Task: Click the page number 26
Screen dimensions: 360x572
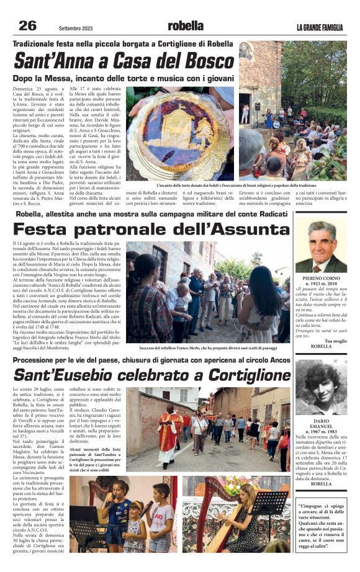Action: tap(27, 25)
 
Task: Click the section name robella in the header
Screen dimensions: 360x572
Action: tap(185, 26)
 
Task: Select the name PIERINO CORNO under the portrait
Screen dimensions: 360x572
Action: tap(320, 279)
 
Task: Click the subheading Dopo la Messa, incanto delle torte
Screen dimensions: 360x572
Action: tap(124, 78)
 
